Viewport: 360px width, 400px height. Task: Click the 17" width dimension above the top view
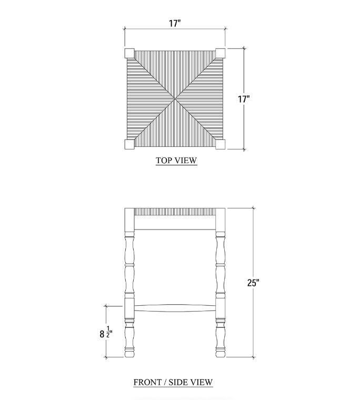click(x=175, y=23)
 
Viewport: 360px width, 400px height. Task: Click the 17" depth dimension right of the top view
click(x=244, y=99)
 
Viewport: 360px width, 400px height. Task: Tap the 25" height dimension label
click(x=253, y=283)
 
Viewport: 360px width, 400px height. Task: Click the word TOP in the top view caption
click(x=162, y=161)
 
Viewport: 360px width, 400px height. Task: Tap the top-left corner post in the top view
click(x=129, y=53)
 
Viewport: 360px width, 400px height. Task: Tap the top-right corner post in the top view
click(x=220, y=53)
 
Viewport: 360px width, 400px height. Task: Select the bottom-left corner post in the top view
click(x=129, y=144)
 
